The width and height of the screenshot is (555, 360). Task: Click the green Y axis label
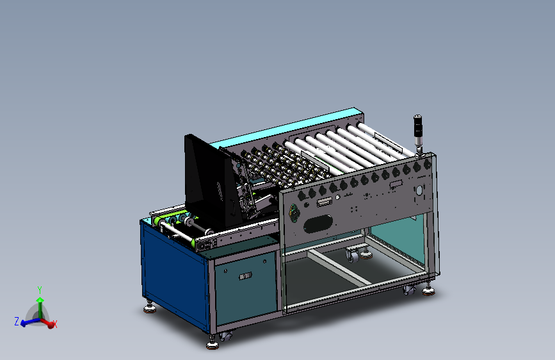click(x=40, y=290)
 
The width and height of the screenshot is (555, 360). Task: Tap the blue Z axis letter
click(x=17, y=322)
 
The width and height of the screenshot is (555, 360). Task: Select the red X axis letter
click(x=55, y=325)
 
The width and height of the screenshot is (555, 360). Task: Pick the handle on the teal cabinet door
click(x=245, y=277)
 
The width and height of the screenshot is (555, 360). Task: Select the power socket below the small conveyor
click(x=206, y=243)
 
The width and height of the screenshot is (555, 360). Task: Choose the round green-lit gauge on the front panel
click(x=294, y=212)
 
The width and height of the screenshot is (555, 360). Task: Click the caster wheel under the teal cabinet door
click(x=225, y=335)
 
